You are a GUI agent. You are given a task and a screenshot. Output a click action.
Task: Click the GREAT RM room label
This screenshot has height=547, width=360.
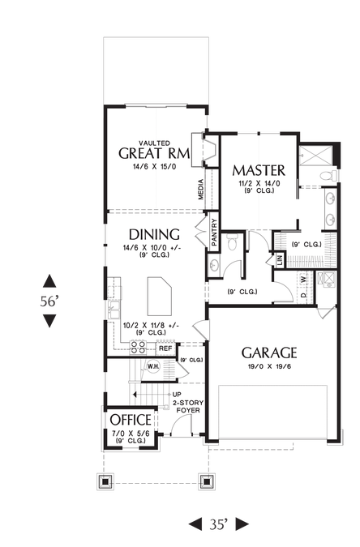click(154, 153)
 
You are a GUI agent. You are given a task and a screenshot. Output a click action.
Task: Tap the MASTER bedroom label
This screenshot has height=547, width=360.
click(259, 170)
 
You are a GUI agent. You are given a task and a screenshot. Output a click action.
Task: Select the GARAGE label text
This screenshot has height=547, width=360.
click(269, 353)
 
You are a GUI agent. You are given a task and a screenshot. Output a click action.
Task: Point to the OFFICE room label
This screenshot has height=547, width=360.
click(131, 420)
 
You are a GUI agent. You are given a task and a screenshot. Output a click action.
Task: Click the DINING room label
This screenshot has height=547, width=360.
click(154, 234)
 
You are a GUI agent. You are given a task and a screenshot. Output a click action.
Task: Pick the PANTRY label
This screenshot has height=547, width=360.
click(214, 232)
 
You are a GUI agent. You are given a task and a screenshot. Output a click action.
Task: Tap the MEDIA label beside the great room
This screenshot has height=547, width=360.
click(201, 190)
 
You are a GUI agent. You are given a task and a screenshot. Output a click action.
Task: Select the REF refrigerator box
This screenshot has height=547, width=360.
click(165, 348)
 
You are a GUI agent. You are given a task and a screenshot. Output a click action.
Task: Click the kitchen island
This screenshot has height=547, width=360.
click(160, 296)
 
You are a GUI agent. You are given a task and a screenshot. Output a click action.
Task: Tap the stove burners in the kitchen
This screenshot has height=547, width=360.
click(138, 348)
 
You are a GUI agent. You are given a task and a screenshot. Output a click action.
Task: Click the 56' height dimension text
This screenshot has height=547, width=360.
click(49, 301)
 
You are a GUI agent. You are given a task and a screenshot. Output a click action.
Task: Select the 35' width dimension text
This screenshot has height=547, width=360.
click(219, 524)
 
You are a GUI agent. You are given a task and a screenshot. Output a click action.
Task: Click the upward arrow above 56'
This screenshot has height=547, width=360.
click(49, 281)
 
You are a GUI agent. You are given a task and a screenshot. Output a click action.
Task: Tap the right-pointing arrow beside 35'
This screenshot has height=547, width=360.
click(242, 524)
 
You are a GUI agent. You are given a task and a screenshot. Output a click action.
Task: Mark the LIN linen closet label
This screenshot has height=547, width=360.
click(280, 260)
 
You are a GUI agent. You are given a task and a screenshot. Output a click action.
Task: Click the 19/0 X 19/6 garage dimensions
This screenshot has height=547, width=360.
click(268, 366)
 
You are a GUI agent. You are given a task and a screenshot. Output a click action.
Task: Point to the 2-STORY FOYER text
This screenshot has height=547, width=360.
click(188, 407)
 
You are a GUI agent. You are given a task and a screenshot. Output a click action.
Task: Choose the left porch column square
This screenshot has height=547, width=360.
click(105, 481)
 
